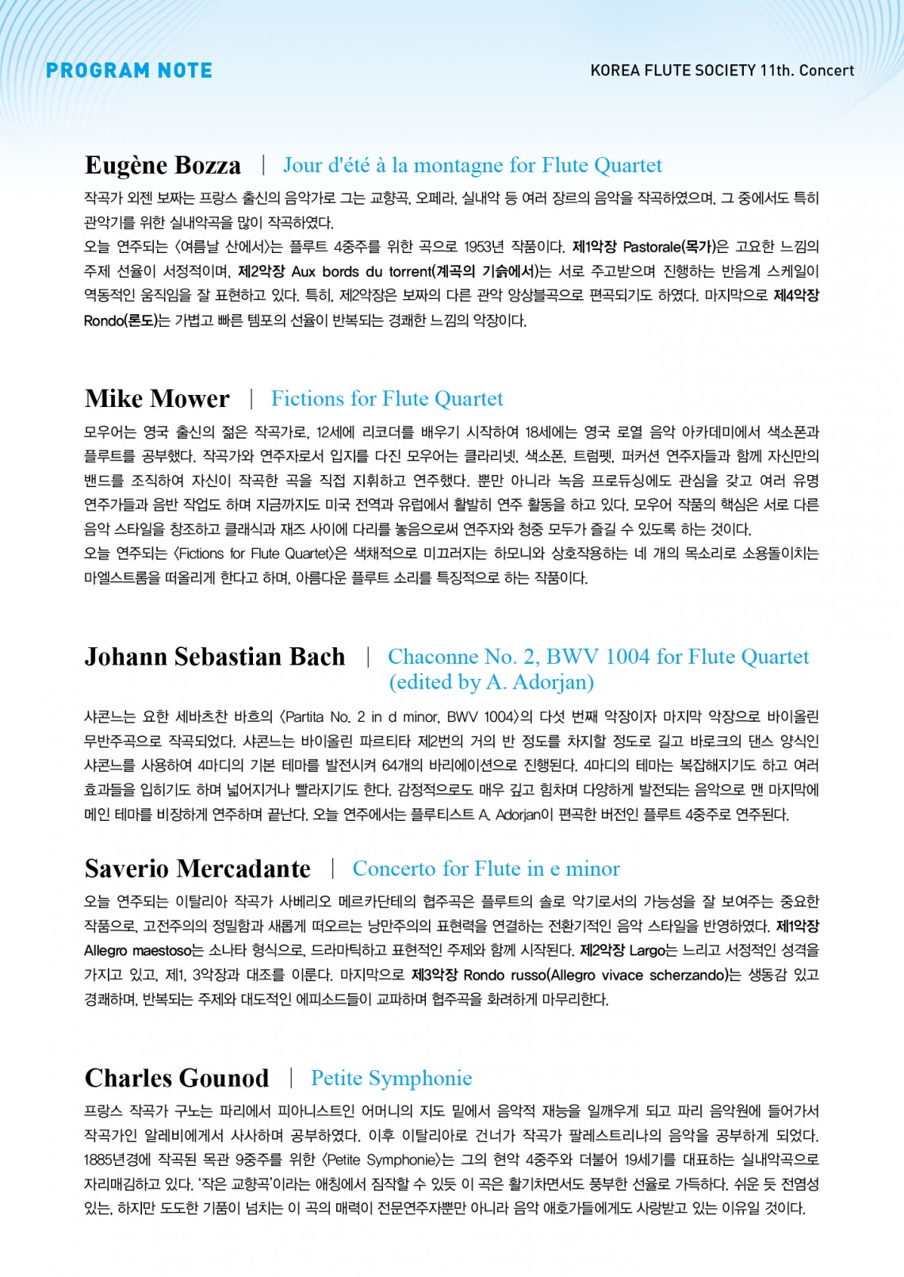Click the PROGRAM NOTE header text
(129, 71)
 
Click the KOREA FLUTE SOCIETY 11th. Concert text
(722, 71)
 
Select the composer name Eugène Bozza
(163, 165)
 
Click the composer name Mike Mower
(157, 398)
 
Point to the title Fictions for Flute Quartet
(387, 398)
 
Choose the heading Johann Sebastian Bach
(215, 657)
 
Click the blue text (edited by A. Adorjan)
(491, 682)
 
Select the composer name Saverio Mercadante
(197, 869)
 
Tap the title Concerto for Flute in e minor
(486, 869)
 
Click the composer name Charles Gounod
(177, 1078)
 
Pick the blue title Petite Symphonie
(391, 1078)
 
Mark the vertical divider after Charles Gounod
(291, 1078)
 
